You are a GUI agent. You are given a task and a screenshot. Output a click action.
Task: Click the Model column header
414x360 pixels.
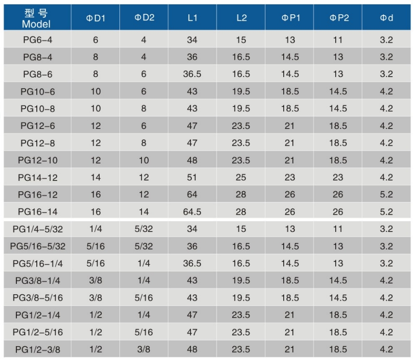(37, 18)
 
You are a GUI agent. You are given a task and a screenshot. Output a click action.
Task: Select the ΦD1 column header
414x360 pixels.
(95, 18)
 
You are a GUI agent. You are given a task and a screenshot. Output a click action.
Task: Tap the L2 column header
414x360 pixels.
(241, 18)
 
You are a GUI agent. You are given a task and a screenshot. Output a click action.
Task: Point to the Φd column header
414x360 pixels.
(386, 18)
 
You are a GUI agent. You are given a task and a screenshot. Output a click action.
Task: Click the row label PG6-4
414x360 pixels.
(37, 40)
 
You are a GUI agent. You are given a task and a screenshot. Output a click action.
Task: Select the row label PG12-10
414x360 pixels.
(37, 160)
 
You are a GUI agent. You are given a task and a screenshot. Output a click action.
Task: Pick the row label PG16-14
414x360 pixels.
(37, 212)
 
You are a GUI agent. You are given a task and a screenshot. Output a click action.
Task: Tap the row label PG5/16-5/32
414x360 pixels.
(37, 246)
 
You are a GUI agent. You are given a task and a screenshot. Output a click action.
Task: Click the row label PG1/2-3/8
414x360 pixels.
(37, 349)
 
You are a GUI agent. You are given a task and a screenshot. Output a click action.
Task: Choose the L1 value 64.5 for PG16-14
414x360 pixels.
(192, 212)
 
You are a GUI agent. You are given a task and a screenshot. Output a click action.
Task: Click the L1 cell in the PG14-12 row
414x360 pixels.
(192, 177)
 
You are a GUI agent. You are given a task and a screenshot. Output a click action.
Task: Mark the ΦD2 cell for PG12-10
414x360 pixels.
(144, 160)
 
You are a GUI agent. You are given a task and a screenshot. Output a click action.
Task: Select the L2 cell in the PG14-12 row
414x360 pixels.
(241, 177)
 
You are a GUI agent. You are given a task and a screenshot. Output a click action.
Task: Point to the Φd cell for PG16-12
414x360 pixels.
(386, 195)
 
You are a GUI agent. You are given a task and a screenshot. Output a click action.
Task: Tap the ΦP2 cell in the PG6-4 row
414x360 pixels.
(338, 40)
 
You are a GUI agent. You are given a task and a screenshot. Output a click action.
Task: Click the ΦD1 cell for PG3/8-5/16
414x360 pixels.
(95, 298)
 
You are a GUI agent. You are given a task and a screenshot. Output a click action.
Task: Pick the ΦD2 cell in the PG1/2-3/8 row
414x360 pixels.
(144, 349)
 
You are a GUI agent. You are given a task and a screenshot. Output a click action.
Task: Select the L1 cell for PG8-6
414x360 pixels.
(192, 74)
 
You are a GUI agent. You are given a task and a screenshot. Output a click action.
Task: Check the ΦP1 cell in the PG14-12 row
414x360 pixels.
(290, 177)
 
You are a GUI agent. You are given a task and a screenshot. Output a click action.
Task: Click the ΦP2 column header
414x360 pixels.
(338, 18)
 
